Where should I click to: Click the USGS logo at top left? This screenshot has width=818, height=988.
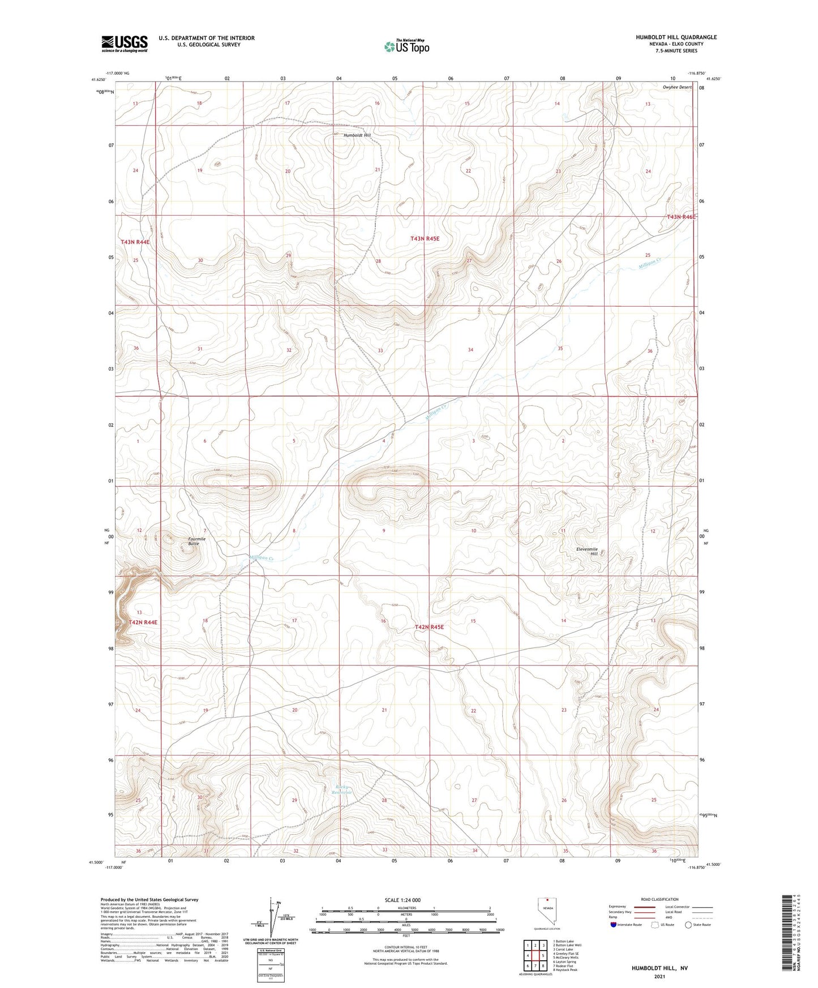pos(125,44)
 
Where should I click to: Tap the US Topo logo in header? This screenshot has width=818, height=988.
pos(406,46)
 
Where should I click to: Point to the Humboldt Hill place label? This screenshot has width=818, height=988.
pos(357,136)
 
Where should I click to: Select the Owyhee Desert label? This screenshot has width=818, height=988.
pos(676,87)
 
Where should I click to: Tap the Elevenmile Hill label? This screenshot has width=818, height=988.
pos(586,551)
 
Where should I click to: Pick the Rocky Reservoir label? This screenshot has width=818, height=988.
pos(343,789)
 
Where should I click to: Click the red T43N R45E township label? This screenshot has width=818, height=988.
pos(425,239)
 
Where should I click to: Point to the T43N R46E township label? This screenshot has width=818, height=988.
pos(680,217)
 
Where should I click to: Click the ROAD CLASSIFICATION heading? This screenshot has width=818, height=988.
pos(659,899)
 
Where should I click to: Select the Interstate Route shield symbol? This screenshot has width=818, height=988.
pos(614,925)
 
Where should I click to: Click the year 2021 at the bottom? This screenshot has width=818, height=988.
pos(659,976)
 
